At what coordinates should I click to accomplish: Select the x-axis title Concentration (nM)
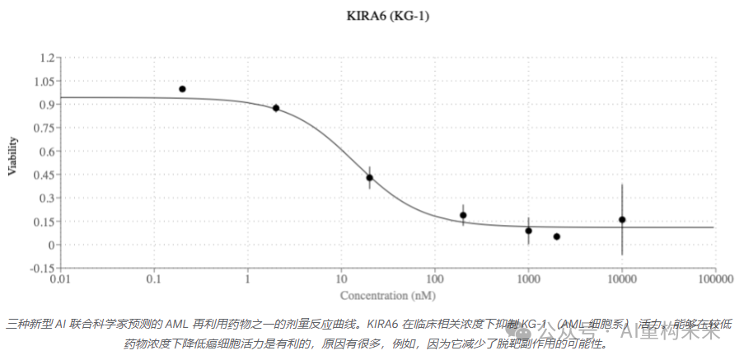(387, 295)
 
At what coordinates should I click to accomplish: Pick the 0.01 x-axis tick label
(60, 280)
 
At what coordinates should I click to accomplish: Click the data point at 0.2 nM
(182, 89)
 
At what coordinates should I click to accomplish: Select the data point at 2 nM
(276, 108)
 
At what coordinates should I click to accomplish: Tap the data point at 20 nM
(370, 178)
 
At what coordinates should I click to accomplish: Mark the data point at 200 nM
(463, 215)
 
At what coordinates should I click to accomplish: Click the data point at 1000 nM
(528, 231)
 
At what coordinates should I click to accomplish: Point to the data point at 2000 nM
(557, 236)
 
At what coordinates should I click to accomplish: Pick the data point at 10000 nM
(622, 220)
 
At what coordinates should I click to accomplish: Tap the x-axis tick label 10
(340, 280)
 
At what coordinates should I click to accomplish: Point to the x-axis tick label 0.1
(153, 280)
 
